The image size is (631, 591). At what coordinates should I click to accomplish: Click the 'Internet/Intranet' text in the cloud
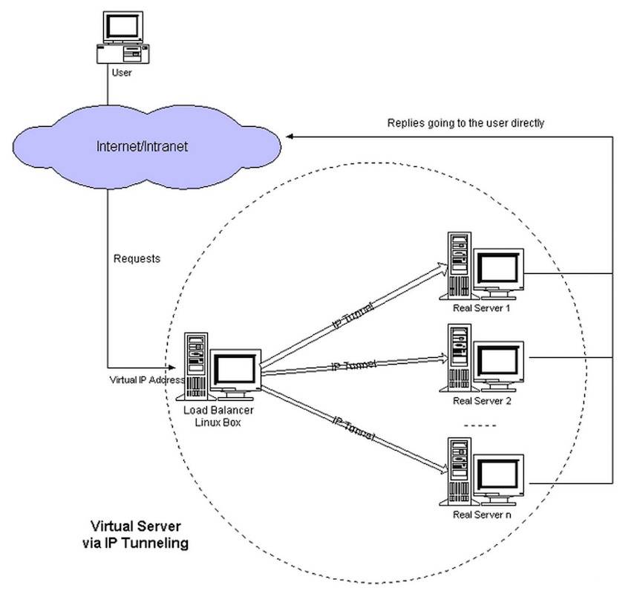(x=143, y=146)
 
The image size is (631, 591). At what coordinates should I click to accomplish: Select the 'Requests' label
(x=137, y=259)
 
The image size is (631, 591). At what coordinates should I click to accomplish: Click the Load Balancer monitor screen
(x=234, y=368)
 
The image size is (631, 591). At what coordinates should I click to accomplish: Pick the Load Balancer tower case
(x=196, y=364)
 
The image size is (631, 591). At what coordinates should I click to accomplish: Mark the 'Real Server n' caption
(x=482, y=515)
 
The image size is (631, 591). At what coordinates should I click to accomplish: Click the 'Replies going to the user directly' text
(x=465, y=123)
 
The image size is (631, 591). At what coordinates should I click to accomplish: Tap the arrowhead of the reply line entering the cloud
(x=291, y=137)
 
